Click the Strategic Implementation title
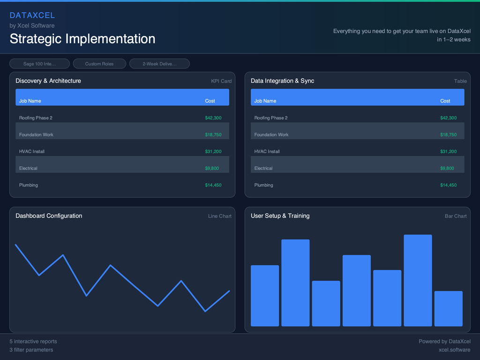pyautogui.click(x=82, y=38)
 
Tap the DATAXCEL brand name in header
pyautogui.click(x=32, y=15)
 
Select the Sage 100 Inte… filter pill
pyautogui.click(x=39, y=64)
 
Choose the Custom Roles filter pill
pyautogui.click(x=99, y=64)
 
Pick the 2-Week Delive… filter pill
pyautogui.click(x=159, y=64)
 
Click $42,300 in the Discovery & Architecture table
pyautogui.click(x=213, y=118)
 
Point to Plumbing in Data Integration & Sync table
pyautogui.click(x=263, y=185)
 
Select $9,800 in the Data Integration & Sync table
pyautogui.click(x=447, y=168)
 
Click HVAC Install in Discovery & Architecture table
pyautogui.click(x=31, y=151)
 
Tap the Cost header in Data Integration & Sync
pyautogui.click(x=445, y=101)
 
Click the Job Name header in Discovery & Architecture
pyautogui.click(x=30, y=101)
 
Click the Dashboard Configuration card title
pyautogui.click(x=49, y=216)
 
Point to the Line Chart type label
pyautogui.click(x=219, y=216)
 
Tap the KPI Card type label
pyautogui.click(x=221, y=81)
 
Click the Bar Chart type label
pyautogui.click(x=456, y=216)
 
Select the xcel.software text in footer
pyautogui.click(x=454, y=350)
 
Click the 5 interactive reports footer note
pyautogui.click(x=33, y=341)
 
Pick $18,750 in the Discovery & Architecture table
pyautogui.click(x=213, y=135)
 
